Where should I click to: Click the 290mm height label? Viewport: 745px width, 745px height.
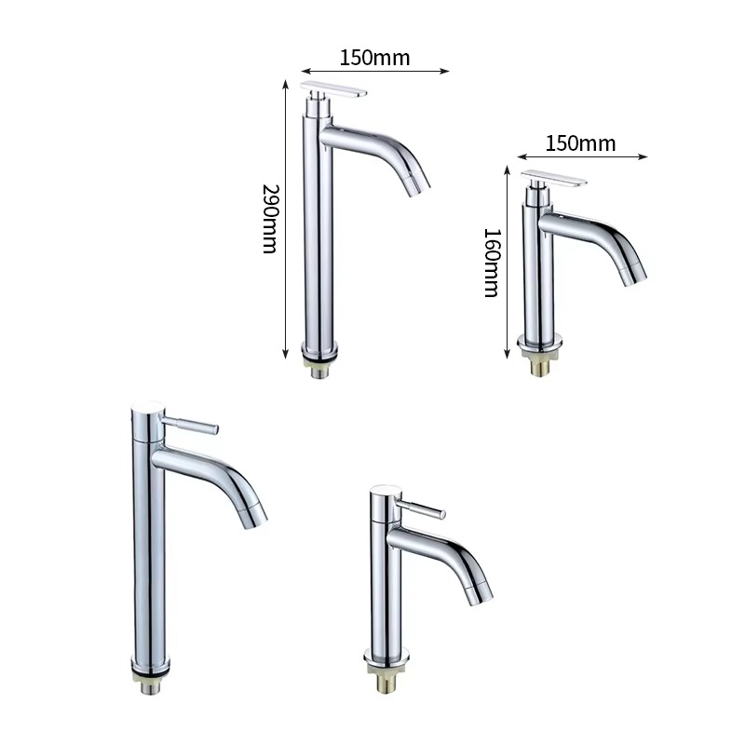click(270, 219)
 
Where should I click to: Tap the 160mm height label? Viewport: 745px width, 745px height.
click(492, 264)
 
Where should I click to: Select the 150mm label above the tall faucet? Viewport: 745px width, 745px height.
click(375, 58)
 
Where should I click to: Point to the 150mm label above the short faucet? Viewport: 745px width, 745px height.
click(580, 143)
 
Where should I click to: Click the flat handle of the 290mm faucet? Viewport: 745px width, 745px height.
click(333, 88)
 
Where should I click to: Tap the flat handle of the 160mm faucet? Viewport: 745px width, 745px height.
click(554, 178)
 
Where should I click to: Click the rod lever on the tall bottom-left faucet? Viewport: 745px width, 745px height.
click(191, 424)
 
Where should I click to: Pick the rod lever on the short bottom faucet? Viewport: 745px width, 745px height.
click(421, 508)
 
